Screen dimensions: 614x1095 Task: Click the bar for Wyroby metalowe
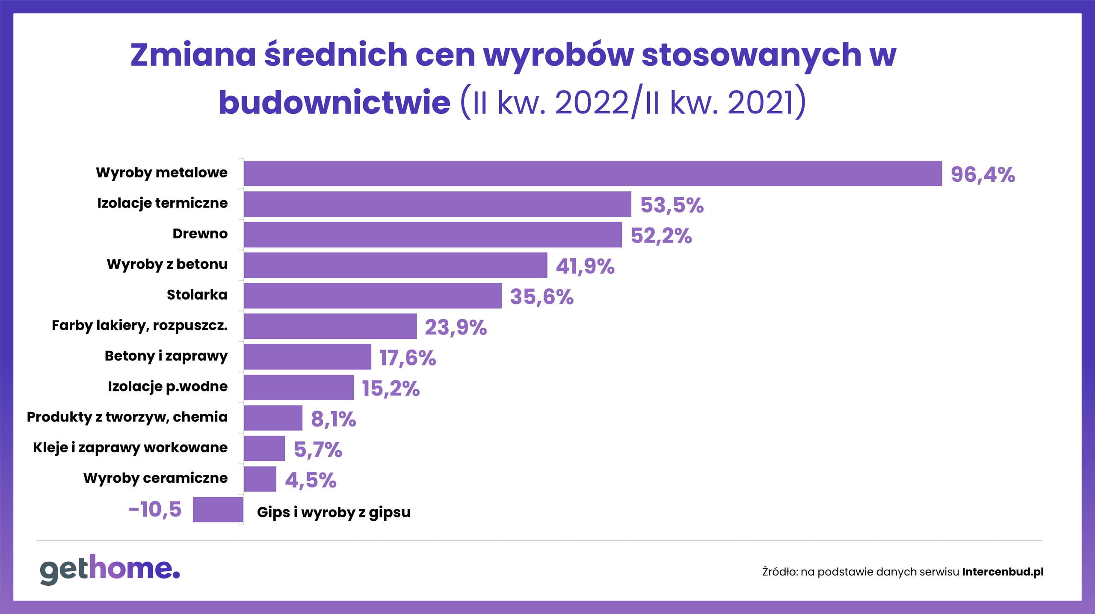pos(593,173)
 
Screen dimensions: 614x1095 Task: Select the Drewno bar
pos(433,234)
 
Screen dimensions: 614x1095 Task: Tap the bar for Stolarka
pos(373,296)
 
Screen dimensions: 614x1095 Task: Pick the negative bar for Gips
pos(218,510)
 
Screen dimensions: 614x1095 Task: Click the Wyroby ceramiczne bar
pos(260,479)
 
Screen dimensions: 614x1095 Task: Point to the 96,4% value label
pos(983,175)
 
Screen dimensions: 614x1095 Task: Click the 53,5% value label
pos(672,205)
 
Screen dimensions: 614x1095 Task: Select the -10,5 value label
pos(155,510)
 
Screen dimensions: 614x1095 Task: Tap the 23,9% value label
pos(456,327)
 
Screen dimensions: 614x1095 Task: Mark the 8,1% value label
pos(333,419)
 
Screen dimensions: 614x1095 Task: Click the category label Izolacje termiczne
pos(163,203)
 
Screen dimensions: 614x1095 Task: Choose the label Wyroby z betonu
pos(167,264)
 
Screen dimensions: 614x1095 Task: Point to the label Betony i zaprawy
pos(166,356)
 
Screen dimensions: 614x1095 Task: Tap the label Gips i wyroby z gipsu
pos(334,512)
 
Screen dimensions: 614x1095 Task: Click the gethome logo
pos(110,570)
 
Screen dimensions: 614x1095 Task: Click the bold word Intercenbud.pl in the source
pos(1003,572)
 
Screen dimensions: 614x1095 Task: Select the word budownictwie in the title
pos(334,103)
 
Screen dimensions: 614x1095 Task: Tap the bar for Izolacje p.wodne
pos(299,387)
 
